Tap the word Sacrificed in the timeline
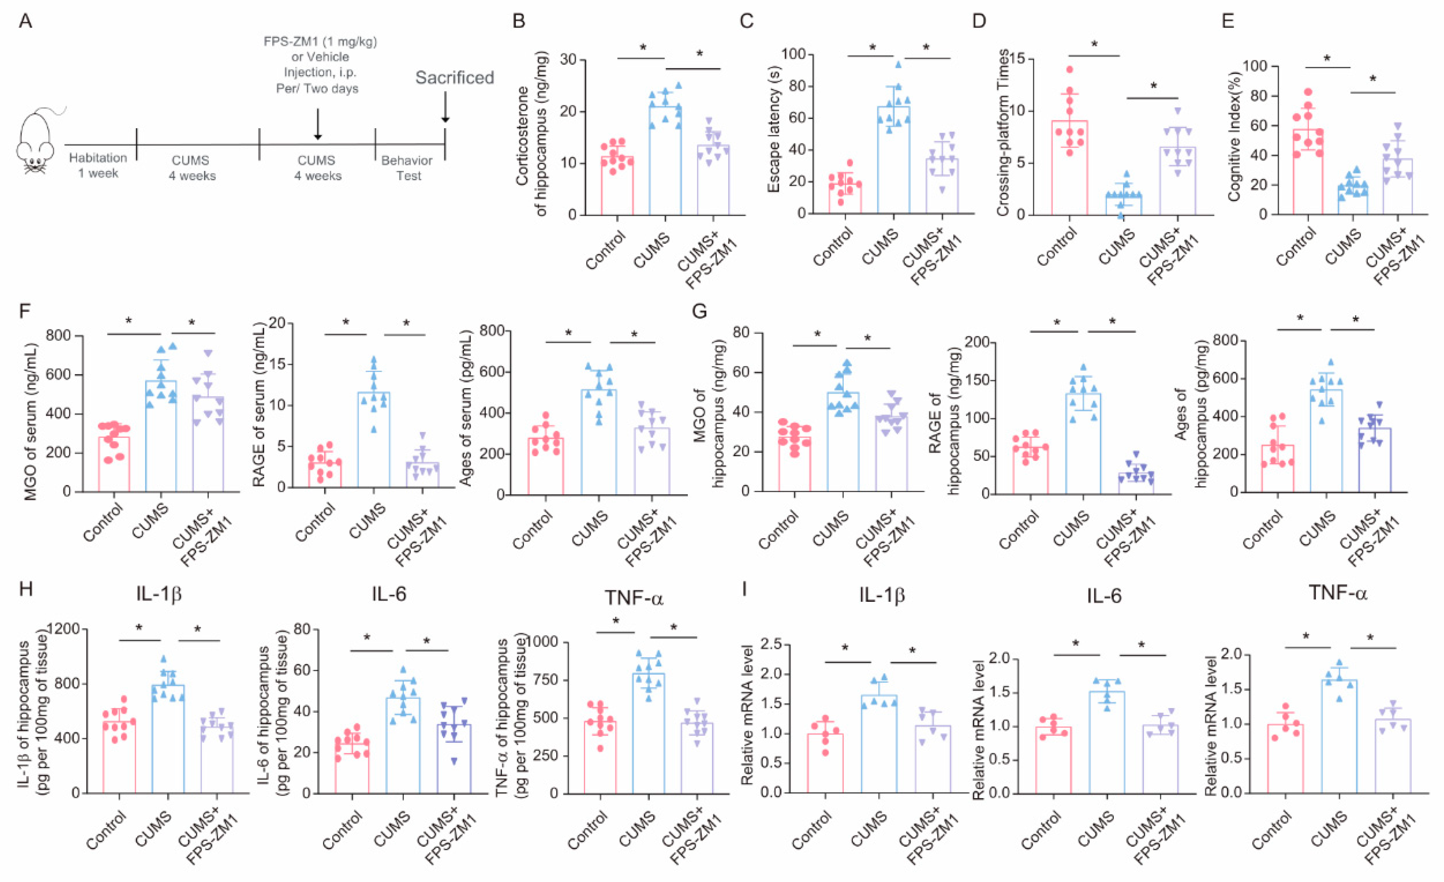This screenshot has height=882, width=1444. pyautogui.click(x=454, y=78)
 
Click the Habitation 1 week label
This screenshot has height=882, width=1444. pyautogui.click(x=98, y=165)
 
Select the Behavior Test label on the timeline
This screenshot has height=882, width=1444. pyautogui.click(x=407, y=168)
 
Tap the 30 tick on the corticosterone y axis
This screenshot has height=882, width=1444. pyautogui.click(x=568, y=60)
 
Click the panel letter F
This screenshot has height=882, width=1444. pyautogui.click(x=25, y=310)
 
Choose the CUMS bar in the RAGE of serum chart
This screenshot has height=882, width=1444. pyautogui.click(x=373, y=440)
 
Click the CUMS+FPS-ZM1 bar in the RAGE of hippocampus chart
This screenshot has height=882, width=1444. pyautogui.click(x=1136, y=483)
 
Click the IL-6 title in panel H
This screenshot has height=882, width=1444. pyautogui.click(x=389, y=594)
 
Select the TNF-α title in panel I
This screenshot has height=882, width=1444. pyautogui.click(x=1337, y=594)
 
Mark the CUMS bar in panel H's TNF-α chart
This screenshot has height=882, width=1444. pyautogui.click(x=649, y=733)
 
